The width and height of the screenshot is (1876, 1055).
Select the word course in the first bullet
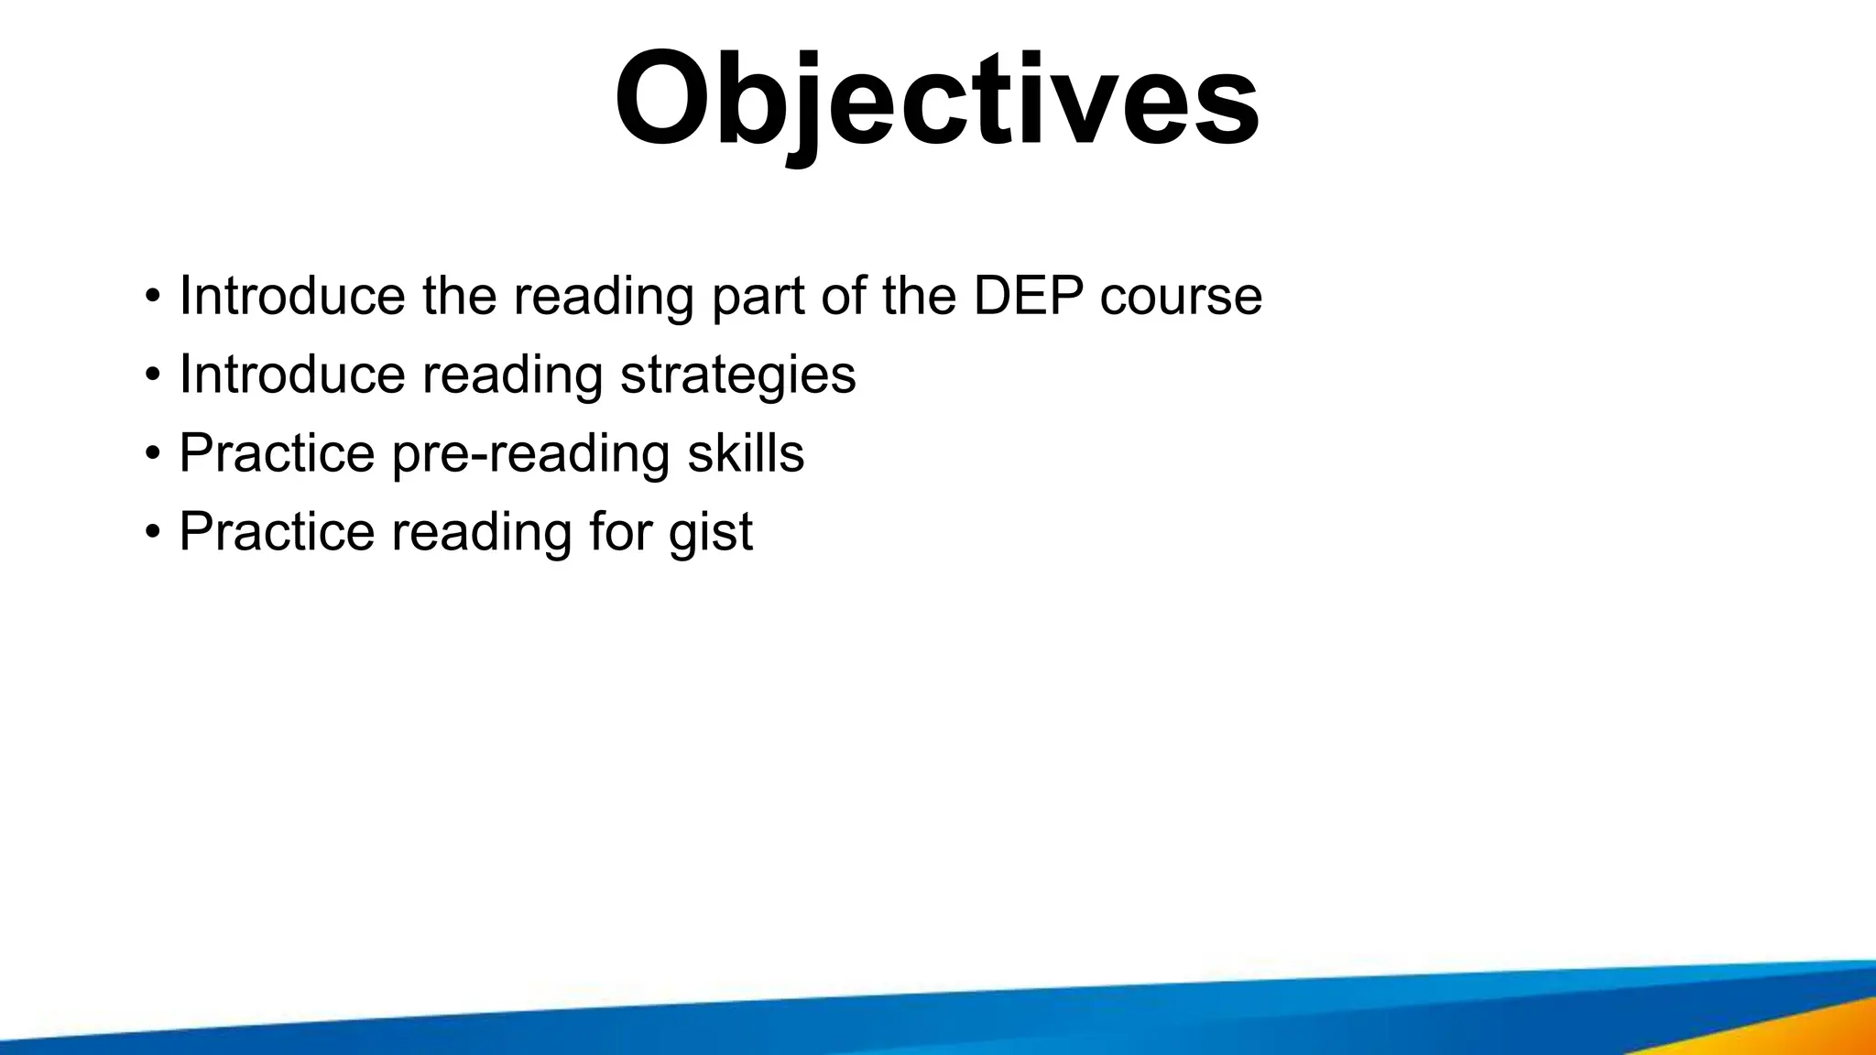click(1181, 297)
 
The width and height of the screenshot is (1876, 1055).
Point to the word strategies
click(737, 375)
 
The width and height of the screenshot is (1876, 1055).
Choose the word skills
click(746, 453)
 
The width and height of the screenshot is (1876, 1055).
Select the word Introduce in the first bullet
click(291, 296)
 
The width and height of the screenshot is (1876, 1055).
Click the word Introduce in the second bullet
click(291, 375)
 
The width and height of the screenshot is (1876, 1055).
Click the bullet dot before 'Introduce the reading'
click(152, 297)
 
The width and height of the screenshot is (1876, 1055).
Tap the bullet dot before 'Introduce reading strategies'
click(152, 375)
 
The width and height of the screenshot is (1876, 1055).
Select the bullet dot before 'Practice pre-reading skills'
click(152, 454)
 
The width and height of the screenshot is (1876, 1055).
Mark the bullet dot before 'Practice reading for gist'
click(152, 533)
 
